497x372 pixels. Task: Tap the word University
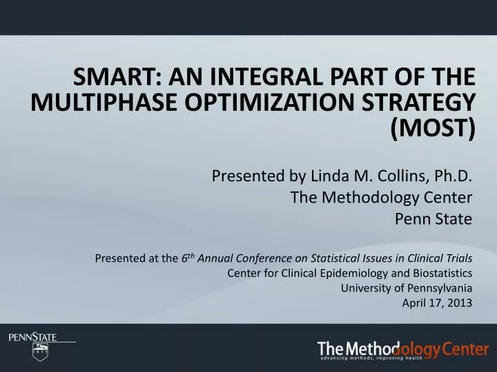click(x=363, y=288)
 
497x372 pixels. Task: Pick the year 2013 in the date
click(x=460, y=302)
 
